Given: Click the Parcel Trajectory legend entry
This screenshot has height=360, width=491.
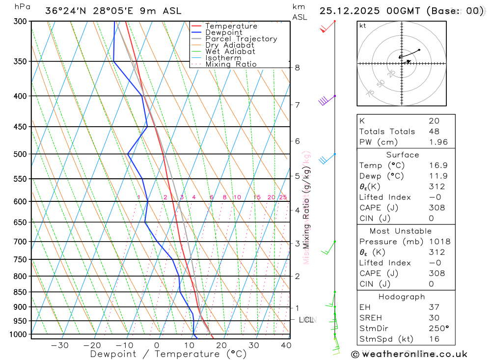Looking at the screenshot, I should coord(241,39).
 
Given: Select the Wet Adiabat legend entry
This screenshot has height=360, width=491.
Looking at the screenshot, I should coord(230,52).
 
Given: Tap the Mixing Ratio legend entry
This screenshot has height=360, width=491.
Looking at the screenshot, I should coord(231,64).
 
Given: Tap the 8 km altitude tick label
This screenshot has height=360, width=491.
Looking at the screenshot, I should coord(298,68).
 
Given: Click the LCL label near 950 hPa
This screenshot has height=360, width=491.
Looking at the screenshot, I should coord(306,320).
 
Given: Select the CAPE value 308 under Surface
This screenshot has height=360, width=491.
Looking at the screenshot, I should coord(437,208).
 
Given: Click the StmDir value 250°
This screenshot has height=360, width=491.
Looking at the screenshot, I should coord(438,329).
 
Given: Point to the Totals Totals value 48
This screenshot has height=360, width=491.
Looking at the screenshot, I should coord(434,132).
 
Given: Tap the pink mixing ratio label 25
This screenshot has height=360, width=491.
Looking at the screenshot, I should coord(283,197).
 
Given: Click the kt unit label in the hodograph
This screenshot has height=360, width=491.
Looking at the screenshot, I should coord(363,26).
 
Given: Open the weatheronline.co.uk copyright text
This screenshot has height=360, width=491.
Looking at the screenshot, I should coord(409,354).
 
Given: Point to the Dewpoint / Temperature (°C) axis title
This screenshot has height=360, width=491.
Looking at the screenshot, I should coord(168,354).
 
